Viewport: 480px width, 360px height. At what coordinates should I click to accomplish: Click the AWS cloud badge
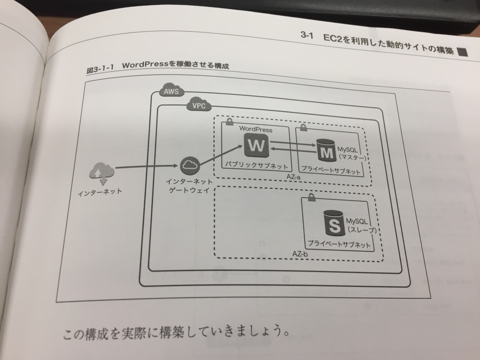[x=171, y=91]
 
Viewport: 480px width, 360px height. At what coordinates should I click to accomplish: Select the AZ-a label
[x=294, y=177]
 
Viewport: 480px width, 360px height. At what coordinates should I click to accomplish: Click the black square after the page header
[x=462, y=51]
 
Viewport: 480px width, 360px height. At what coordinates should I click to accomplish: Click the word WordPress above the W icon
[x=256, y=130]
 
